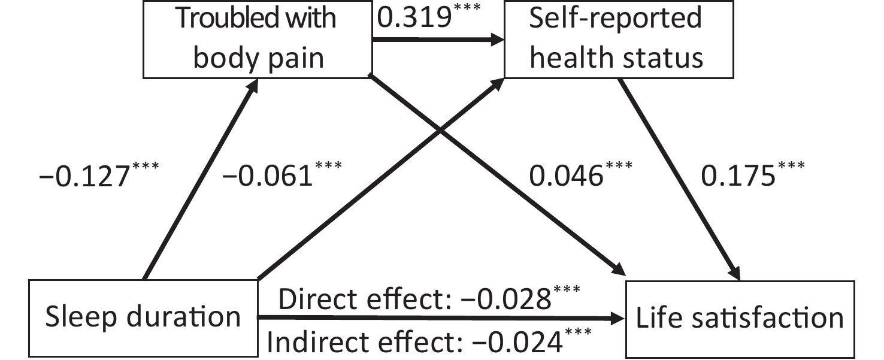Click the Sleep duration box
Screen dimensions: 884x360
pos(143,318)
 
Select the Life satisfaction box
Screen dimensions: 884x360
pos(740,319)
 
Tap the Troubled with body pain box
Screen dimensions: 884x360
pos(258,39)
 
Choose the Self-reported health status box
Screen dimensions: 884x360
pos(619,39)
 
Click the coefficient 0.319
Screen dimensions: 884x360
pos(414,17)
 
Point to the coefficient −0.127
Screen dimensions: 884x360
pos(84,176)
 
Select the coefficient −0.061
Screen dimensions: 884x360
pos(268,176)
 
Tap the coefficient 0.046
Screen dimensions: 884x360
pos(567,176)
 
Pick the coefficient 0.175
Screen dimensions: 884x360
pos(738,176)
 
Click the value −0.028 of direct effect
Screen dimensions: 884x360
pos(505,300)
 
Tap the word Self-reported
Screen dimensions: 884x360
pos(615,18)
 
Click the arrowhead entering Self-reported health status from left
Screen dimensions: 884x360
pos(497,40)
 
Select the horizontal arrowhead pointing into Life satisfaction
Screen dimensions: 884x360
pos(618,318)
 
